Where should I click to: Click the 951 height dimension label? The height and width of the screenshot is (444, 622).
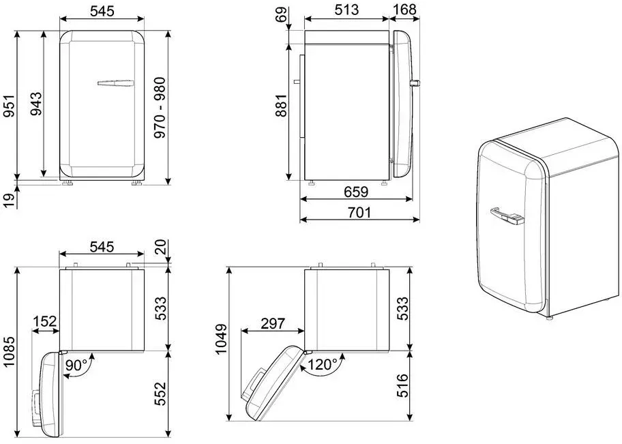(x=10, y=106)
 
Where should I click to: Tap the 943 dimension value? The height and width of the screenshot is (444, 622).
(x=36, y=104)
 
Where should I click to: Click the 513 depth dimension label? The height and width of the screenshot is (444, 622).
(x=346, y=10)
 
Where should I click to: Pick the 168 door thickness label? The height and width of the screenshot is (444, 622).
(x=405, y=10)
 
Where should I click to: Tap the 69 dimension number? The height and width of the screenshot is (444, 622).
(x=281, y=15)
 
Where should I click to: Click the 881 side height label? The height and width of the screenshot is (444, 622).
(x=281, y=106)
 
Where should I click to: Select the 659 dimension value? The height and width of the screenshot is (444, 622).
(x=356, y=192)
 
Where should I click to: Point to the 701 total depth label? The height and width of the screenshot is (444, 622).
(x=359, y=213)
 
